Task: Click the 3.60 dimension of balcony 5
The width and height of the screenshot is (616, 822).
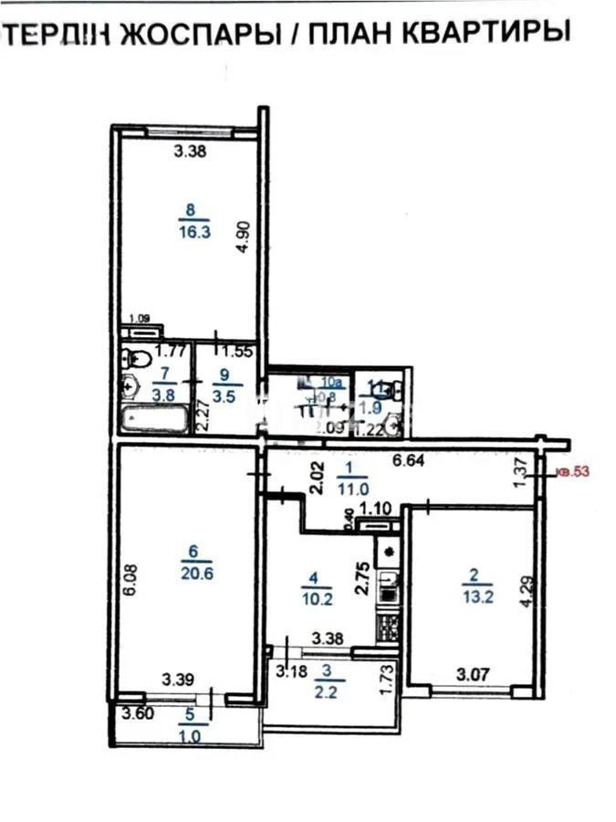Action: click(130, 715)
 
